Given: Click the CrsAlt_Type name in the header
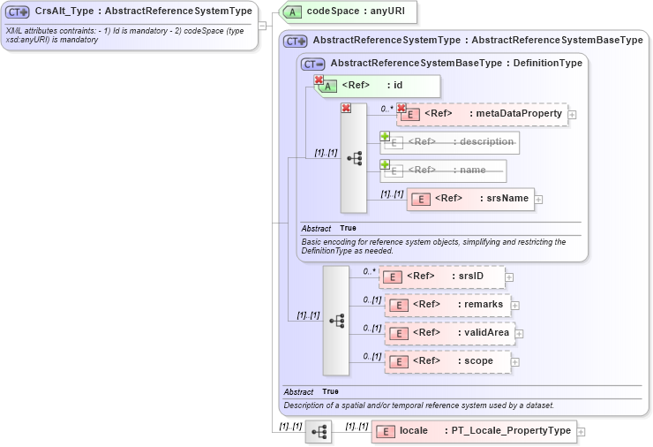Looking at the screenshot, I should click(x=61, y=11).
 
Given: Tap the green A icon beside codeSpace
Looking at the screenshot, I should click(x=294, y=11).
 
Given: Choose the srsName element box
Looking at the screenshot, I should click(x=470, y=199).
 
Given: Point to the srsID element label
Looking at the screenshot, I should click(x=470, y=276).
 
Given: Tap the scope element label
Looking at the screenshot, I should click(x=480, y=360).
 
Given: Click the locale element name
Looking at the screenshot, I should click(x=414, y=431).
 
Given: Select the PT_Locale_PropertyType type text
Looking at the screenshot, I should click(x=511, y=431).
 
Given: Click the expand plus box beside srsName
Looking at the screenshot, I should click(x=539, y=200).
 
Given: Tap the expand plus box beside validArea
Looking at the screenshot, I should click(x=521, y=333).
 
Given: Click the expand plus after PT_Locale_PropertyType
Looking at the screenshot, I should click(x=582, y=432).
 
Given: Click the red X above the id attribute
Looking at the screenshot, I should click(x=319, y=80).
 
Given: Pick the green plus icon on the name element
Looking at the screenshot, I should click(x=385, y=164).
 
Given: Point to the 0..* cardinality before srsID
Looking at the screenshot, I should click(x=370, y=271).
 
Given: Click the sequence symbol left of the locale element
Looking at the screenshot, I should click(x=318, y=431).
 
